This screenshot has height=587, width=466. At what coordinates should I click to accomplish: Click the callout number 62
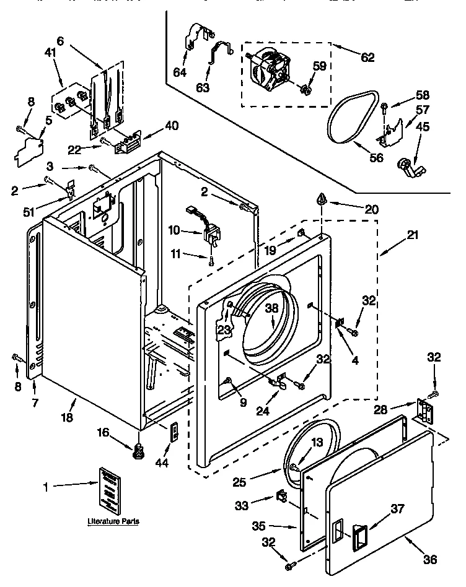pos(367,58)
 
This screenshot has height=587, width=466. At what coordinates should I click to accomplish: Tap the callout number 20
pos(371,210)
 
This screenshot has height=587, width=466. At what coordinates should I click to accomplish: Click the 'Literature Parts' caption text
pos(112,522)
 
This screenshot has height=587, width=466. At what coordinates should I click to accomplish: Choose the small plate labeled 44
pos(175,431)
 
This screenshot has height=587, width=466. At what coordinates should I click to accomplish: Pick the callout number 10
pos(174,230)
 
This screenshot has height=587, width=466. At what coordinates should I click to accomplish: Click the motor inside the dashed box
pos(270,68)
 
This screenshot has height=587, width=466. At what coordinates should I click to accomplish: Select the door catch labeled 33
pos(280,497)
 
